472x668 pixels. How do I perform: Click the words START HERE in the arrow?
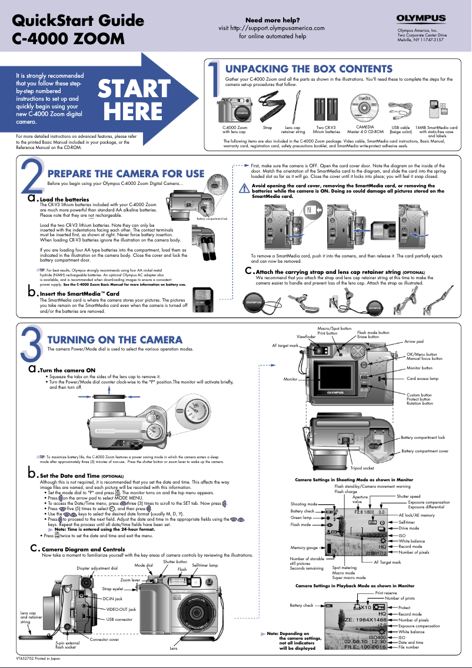coord(133,99)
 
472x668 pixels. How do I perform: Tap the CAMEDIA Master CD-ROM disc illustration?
coord(365,110)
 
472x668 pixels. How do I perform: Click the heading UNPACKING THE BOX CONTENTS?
coord(309,70)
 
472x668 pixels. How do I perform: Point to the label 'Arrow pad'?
coord(414,342)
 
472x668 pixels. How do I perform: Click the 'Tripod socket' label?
coord(362,468)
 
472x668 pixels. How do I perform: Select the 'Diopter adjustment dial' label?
coord(97,568)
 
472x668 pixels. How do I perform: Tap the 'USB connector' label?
coord(119,619)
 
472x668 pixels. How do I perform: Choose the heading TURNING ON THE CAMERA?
coord(115,340)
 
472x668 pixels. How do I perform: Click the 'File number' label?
coord(410,647)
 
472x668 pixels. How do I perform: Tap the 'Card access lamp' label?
coord(423,379)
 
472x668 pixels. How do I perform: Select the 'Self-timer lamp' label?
coord(205,566)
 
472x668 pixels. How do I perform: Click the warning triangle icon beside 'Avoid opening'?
coord(247,187)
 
